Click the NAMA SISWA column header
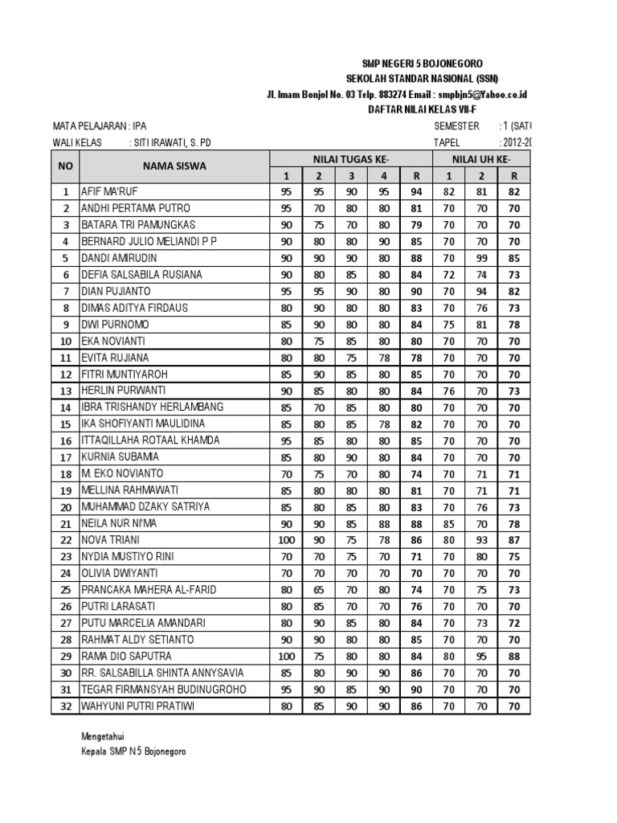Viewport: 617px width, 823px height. pyautogui.click(x=174, y=166)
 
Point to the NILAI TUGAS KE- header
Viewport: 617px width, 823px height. pyautogui.click(x=350, y=160)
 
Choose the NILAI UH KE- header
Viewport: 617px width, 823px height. pyautogui.click(x=480, y=160)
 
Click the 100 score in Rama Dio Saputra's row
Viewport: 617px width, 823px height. pyautogui.click(x=286, y=656)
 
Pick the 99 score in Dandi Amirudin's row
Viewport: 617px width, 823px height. pyautogui.click(x=481, y=259)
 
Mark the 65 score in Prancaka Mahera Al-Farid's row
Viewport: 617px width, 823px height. pyautogui.click(x=319, y=590)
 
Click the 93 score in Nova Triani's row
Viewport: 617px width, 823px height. pyautogui.click(x=481, y=540)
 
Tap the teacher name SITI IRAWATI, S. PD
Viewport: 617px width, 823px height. pyautogui.click(x=174, y=143)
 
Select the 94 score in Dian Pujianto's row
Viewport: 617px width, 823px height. pyautogui.click(x=481, y=292)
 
